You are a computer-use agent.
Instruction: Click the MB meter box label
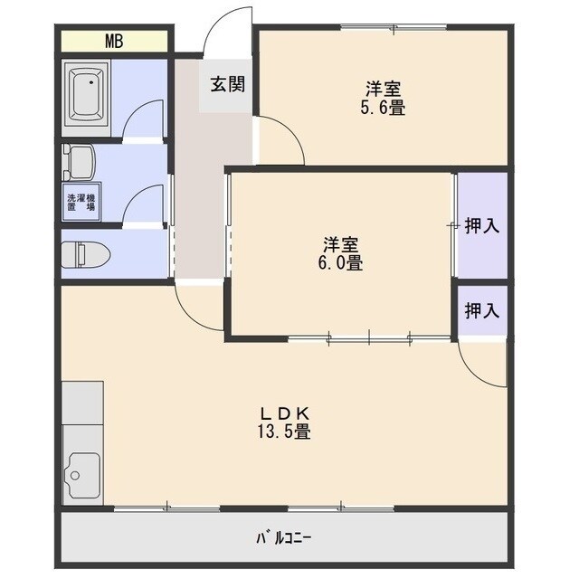pyautogui.click(x=114, y=41)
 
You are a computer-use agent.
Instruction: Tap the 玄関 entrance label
pyautogui.click(x=228, y=84)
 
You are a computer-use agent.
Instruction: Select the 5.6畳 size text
pyautogui.click(x=383, y=108)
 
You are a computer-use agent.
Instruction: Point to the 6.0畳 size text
pyautogui.click(x=340, y=263)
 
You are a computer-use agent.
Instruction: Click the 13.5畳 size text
pyautogui.click(x=284, y=432)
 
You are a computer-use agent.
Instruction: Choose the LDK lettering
pyautogui.click(x=284, y=413)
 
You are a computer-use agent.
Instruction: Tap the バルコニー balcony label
pyautogui.click(x=284, y=538)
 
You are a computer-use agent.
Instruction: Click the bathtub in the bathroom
pyautogui.click(x=87, y=94)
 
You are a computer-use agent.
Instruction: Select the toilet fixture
pyautogui.click(x=86, y=254)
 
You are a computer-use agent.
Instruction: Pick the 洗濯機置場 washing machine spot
pyautogui.click(x=81, y=202)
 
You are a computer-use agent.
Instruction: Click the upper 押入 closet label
pyautogui.click(x=482, y=225)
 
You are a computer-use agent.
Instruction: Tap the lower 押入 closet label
pyautogui.click(x=482, y=310)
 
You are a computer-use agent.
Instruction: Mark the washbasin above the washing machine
pyautogui.click(x=79, y=162)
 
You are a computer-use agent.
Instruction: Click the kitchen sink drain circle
pyautogui.click(x=75, y=475)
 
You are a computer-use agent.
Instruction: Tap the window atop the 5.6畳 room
pyautogui.click(x=394, y=26)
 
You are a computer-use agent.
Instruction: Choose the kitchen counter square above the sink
pyautogui.click(x=82, y=403)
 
